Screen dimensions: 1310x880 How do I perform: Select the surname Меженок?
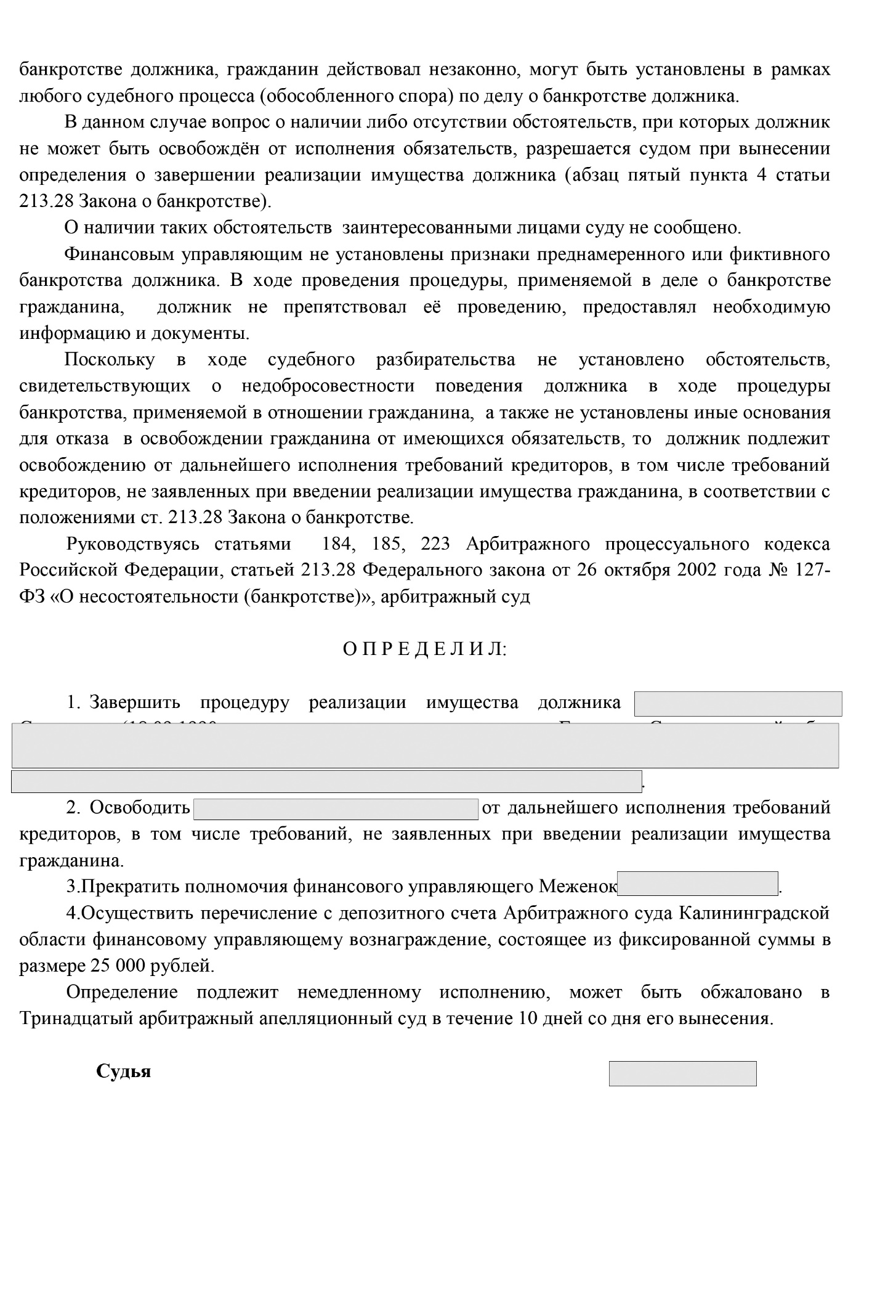click(x=578, y=886)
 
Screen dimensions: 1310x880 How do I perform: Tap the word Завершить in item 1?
click(x=134, y=702)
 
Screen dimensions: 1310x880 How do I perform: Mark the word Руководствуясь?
click(x=133, y=544)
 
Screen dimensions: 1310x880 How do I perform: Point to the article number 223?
click(x=435, y=544)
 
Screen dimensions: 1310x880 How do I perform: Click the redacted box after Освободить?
click(x=336, y=808)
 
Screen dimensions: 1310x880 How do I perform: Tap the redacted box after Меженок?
click(x=698, y=884)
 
